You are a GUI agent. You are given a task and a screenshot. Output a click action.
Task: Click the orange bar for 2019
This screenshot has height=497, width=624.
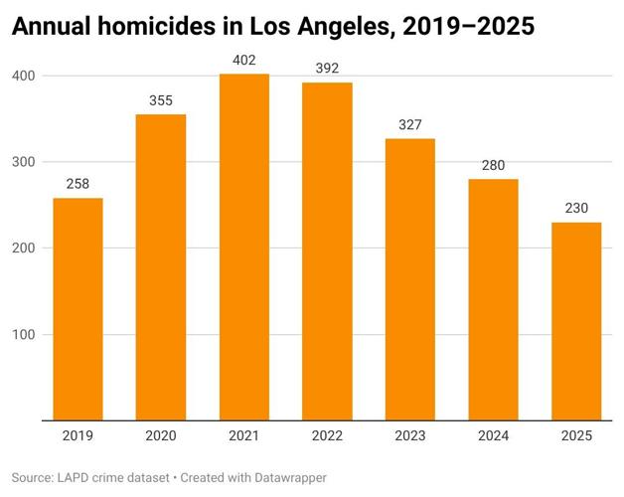pyautogui.click(x=78, y=309)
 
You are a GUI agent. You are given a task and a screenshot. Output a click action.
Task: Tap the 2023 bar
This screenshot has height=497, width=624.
pyautogui.click(x=410, y=279)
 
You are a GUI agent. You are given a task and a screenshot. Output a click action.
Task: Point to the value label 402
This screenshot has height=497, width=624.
pyautogui.click(x=244, y=60)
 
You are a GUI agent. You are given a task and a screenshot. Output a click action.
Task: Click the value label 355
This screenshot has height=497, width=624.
pyautogui.click(x=161, y=100)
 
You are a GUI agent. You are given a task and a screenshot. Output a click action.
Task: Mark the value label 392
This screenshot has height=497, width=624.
pyautogui.click(x=327, y=69)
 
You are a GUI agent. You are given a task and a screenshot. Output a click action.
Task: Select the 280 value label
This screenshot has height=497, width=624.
pyautogui.click(x=494, y=165)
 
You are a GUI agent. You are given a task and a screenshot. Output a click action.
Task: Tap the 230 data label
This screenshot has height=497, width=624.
pyautogui.click(x=576, y=208)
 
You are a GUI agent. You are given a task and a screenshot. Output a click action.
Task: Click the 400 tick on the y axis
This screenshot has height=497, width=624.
pyautogui.click(x=24, y=76)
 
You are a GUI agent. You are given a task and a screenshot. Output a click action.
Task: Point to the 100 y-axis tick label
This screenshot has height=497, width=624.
pyautogui.click(x=24, y=335)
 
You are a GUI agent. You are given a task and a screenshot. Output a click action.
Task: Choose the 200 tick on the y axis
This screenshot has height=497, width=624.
pyautogui.click(x=24, y=248)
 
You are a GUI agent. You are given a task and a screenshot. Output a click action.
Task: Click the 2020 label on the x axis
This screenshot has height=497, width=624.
pyautogui.click(x=161, y=434)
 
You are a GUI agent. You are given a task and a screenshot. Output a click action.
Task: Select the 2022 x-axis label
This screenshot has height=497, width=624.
pyautogui.click(x=327, y=434)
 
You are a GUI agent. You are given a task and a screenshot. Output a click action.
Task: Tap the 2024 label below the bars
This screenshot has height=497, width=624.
pyautogui.click(x=494, y=434)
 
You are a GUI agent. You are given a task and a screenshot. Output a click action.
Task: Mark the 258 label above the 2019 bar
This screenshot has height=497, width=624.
pyautogui.click(x=78, y=184)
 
